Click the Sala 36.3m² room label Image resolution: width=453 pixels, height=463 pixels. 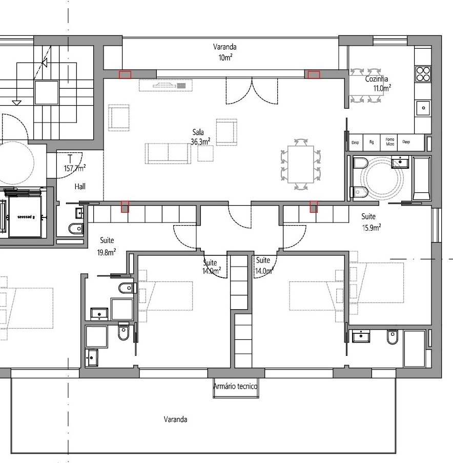(201, 137)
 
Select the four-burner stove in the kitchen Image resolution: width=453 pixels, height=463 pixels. (423, 74)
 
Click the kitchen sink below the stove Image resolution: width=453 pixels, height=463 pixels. (423, 108)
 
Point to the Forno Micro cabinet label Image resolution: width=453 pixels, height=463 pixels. (390, 142)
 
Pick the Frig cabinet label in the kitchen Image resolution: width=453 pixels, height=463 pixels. (372, 142)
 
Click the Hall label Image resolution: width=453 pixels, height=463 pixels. (79, 187)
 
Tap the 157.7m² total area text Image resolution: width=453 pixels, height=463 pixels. (74, 168)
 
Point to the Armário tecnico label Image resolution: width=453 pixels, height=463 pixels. (235, 387)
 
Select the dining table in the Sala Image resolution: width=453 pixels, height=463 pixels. (301, 165)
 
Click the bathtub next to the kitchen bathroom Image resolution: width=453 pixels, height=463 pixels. (423, 178)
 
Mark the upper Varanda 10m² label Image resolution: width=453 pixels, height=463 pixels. (225, 52)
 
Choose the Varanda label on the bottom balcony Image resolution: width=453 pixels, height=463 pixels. (175, 419)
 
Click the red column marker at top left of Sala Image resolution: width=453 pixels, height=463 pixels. (125, 75)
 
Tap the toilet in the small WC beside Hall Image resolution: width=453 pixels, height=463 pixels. (75, 228)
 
